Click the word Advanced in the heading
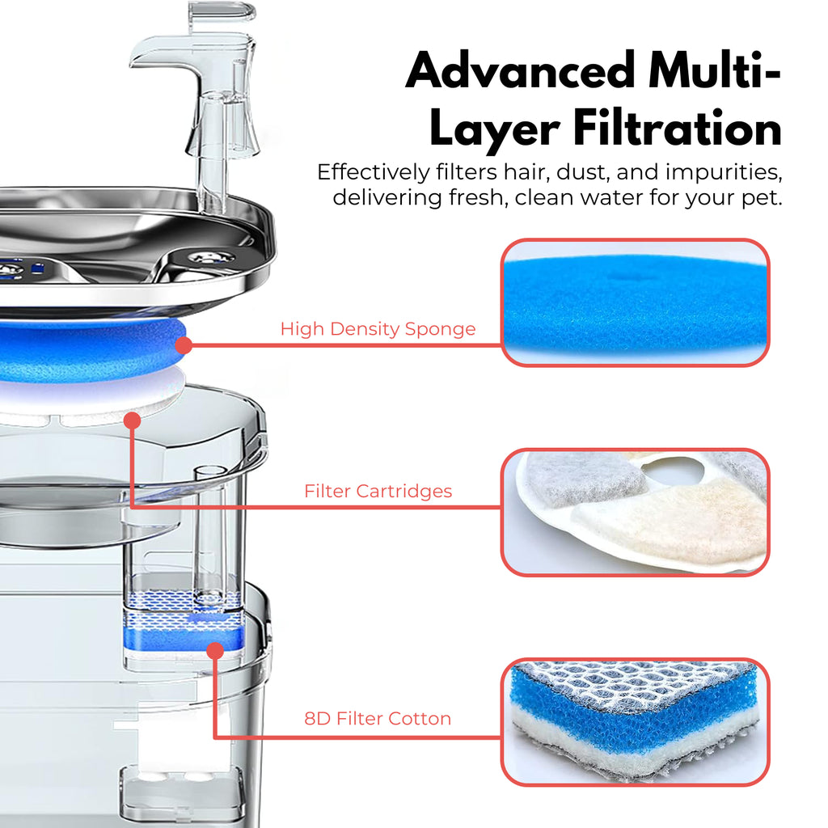tap(517, 73)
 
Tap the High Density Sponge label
tap(378, 329)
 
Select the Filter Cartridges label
tap(378, 491)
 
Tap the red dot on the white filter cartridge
tap(133, 420)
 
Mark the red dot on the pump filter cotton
tap(214, 650)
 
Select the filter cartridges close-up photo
tap(635, 512)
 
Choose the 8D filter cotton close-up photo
tap(635, 721)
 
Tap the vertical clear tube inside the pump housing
tap(209, 534)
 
